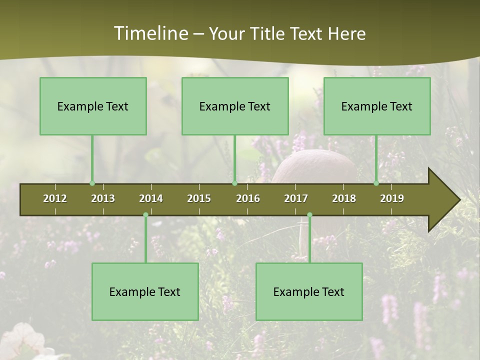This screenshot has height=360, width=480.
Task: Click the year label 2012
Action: coord(55,198)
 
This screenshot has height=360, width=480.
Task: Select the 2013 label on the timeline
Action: coord(103,198)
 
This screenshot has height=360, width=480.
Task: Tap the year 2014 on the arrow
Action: coord(151,198)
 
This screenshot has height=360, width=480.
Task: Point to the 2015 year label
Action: coord(199,198)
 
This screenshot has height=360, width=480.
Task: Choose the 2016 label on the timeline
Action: coord(248,198)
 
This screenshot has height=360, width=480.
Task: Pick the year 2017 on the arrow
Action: coord(296,198)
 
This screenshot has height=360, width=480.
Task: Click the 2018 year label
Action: coord(344,198)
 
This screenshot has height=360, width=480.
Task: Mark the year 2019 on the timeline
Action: coord(392,198)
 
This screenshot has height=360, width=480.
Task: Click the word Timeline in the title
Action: coord(150,33)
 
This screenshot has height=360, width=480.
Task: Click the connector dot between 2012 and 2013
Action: coord(92,183)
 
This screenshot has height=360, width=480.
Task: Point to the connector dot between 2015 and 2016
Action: coord(234,183)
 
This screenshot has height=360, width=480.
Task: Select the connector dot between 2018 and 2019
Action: coord(376,183)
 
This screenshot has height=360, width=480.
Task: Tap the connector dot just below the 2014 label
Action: coord(145,215)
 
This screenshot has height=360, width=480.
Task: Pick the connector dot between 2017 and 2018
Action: coord(309,215)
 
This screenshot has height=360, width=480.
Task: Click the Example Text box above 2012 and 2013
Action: coord(93,106)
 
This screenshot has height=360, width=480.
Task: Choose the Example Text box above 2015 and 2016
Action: coord(235,106)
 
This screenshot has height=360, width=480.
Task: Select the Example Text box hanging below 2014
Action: coord(145,291)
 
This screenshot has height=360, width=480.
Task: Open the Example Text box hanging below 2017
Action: coord(309,291)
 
